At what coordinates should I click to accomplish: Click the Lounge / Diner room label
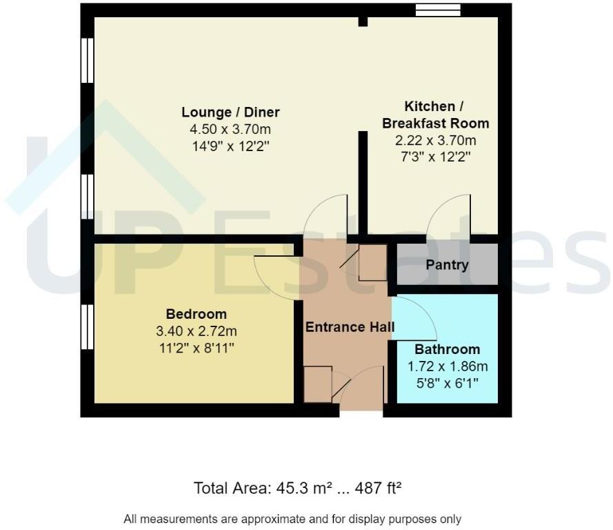[x=230, y=112]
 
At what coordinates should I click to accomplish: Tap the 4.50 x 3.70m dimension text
[x=230, y=129]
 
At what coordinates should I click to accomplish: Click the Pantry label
[x=447, y=265]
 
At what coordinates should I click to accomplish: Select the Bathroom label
[x=447, y=350]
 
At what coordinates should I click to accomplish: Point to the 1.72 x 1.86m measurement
[x=447, y=366]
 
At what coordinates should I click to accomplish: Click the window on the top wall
[x=438, y=10]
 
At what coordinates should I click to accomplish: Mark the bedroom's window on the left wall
[x=87, y=329]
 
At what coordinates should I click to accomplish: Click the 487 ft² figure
[x=378, y=489]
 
